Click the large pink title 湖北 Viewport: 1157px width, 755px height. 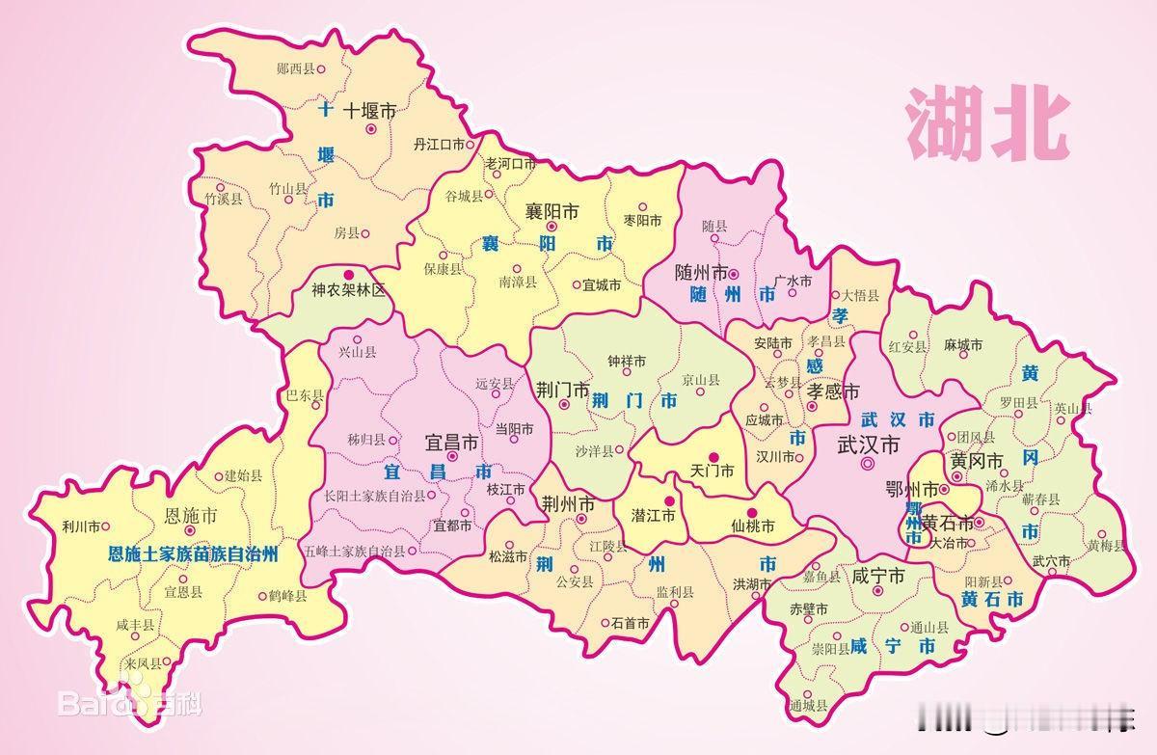click(986, 123)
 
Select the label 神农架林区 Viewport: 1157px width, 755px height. click(348, 289)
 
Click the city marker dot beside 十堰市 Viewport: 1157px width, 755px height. click(370, 128)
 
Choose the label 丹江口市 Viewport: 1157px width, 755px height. click(439, 145)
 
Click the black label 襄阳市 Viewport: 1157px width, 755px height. click(552, 210)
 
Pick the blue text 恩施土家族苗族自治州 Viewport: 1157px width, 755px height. click(193, 554)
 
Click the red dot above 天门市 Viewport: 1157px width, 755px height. click(714, 456)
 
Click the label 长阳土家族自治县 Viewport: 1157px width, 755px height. click(374, 496)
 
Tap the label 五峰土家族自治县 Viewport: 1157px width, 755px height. click(355, 552)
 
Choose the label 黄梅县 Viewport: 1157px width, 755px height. click(1107, 546)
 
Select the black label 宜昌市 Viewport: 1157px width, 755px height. click(452, 443)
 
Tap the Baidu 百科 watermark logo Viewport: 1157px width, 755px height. click(130, 705)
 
